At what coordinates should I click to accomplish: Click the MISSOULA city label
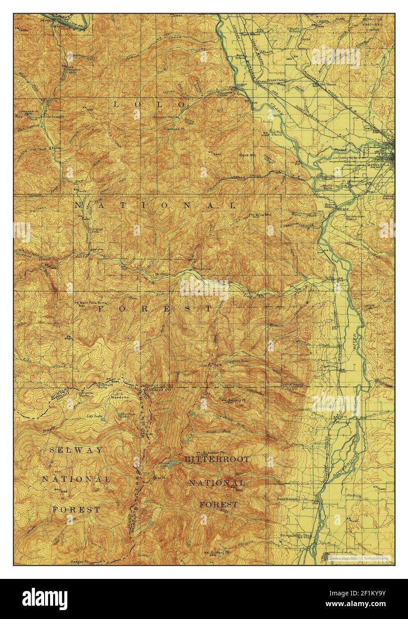(x=379, y=164)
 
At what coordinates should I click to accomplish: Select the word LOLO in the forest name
(x=147, y=104)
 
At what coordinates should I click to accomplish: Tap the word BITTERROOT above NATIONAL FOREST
(x=217, y=458)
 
